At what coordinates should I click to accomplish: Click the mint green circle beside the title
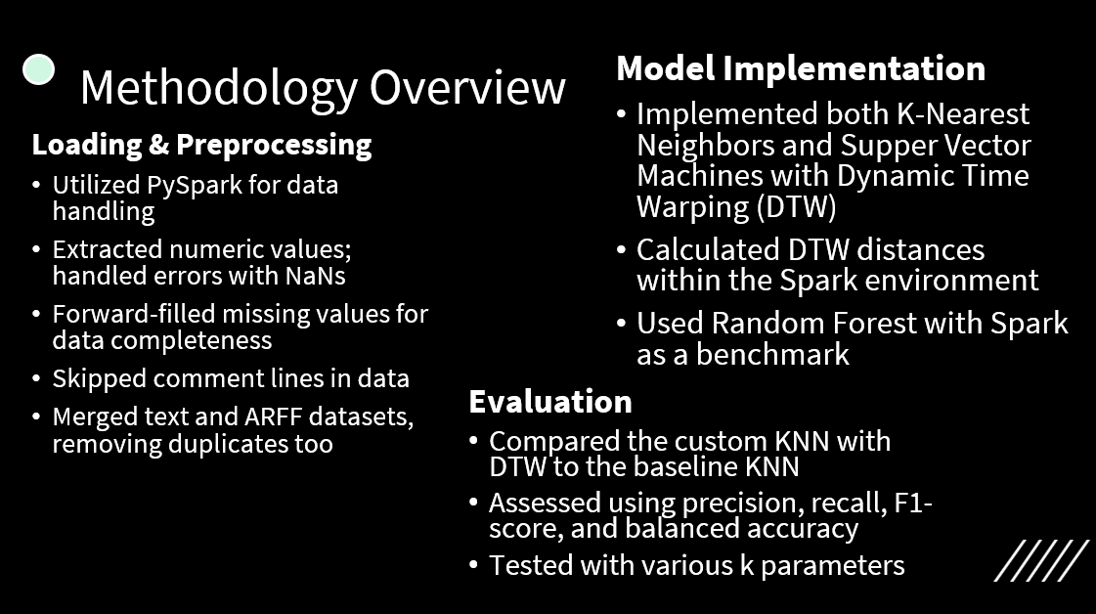38,70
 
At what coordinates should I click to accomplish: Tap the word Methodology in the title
219,89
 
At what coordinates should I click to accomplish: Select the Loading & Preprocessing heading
201,145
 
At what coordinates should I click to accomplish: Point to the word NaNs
315,276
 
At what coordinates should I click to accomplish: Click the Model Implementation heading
801,68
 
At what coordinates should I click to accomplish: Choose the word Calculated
708,249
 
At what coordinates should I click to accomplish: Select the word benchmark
772,355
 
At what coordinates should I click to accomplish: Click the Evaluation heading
550,402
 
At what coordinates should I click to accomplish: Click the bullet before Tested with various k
473,564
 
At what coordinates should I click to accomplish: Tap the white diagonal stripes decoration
1041,560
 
